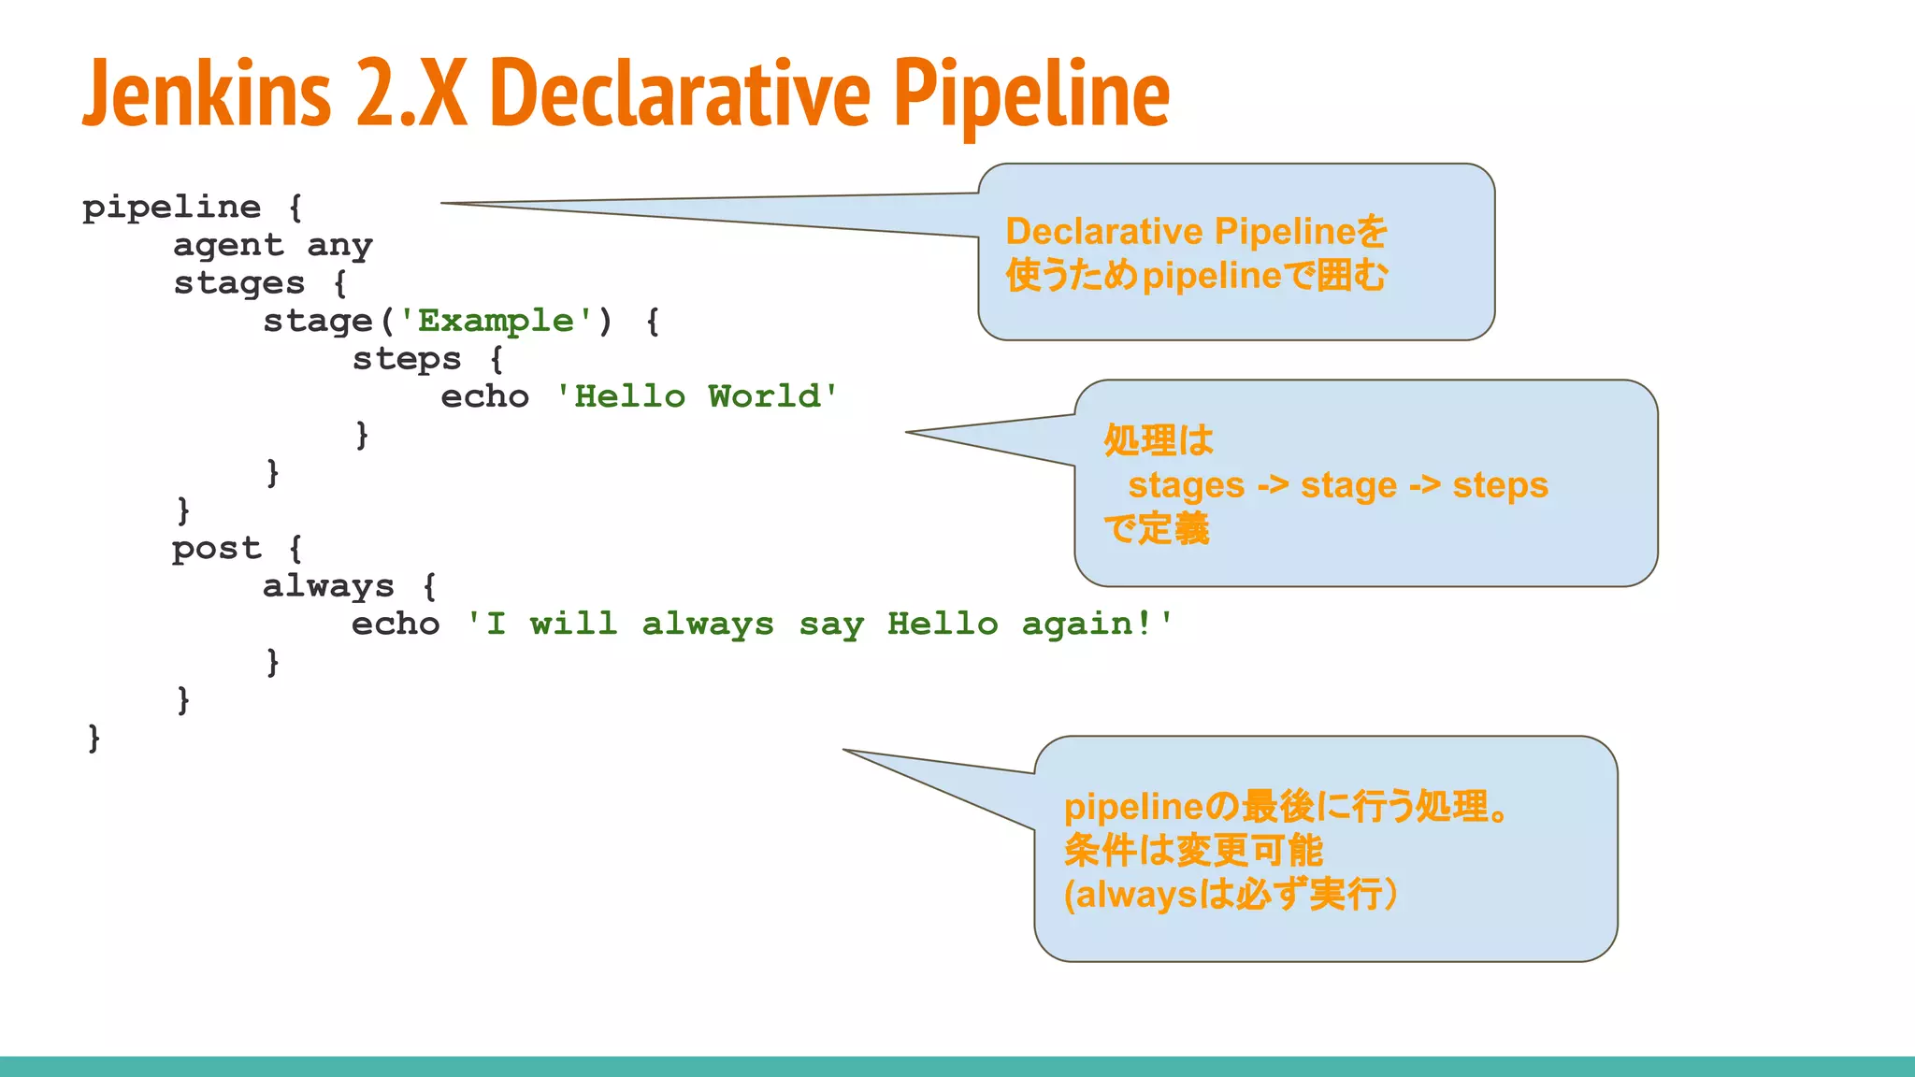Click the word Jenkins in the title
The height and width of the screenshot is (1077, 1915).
[x=208, y=93]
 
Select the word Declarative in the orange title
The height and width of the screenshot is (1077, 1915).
[x=679, y=93]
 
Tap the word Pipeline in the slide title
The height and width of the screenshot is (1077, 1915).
[x=1031, y=93]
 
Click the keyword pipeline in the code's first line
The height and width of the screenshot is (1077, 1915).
[x=172, y=208]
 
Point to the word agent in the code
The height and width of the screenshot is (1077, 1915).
[x=228, y=245]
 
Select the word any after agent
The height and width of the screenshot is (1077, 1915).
[x=339, y=246]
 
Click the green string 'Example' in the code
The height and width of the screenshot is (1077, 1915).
[x=496, y=321]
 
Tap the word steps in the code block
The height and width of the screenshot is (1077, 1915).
[x=407, y=359]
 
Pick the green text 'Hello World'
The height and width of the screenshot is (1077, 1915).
[x=697, y=396]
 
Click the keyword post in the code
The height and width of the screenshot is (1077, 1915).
[x=216, y=549]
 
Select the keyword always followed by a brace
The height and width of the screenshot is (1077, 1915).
[x=328, y=587]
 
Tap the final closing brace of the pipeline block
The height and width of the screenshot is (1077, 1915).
[x=94, y=739]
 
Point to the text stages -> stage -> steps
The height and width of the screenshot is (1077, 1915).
[x=1337, y=485]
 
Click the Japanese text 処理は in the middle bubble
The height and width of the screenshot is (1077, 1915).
[x=1159, y=440]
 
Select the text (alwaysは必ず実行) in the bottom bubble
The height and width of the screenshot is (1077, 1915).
[x=1231, y=895]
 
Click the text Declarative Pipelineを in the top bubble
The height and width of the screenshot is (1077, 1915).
[x=1196, y=231]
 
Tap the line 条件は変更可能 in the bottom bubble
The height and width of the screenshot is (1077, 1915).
[x=1193, y=851]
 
